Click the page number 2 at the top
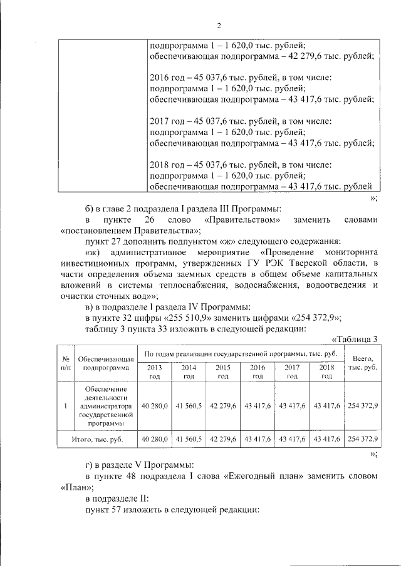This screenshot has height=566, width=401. [219, 26]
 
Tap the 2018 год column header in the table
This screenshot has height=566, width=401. [326, 372]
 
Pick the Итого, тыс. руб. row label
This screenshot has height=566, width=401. [97, 439]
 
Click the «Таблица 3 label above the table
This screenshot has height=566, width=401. [354, 340]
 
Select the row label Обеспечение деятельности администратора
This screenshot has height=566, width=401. [104, 406]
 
